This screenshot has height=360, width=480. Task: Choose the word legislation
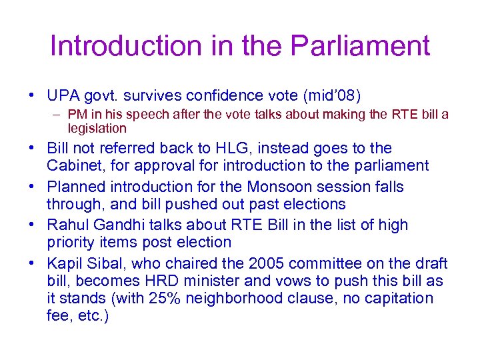tap(97, 127)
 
